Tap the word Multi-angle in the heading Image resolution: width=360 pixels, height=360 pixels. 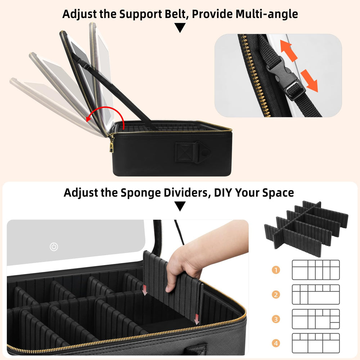point(267,14)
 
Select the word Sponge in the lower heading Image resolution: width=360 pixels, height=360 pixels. point(141,193)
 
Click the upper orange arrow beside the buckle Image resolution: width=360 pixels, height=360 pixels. point(289,50)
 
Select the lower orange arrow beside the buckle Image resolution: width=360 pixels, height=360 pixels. point(310,81)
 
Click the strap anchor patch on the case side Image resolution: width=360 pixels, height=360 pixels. point(192,152)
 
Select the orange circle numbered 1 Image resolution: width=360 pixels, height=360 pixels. point(276,270)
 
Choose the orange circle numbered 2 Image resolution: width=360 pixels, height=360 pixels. point(276,294)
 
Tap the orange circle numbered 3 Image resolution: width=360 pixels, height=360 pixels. point(276,319)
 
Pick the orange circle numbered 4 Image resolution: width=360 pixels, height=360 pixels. point(276,343)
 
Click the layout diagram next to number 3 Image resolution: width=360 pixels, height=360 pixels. point(316,319)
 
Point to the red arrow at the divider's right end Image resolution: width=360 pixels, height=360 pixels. point(197,319)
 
